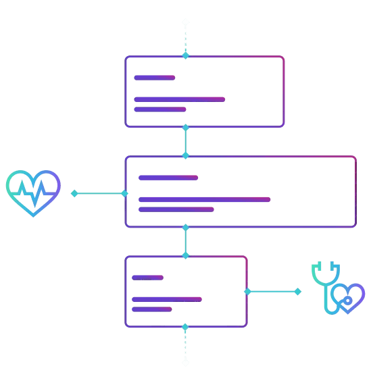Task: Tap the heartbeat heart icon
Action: [33, 192]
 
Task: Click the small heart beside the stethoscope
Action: [349, 298]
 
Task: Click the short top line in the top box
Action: [155, 78]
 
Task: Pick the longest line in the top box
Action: [179, 99]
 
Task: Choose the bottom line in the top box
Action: [159, 109]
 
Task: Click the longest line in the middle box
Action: [205, 199]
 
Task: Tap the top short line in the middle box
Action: [168, 178]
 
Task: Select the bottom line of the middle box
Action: [176, 209]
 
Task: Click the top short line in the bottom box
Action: [147, 278]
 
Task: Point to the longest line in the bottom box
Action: [167, 299]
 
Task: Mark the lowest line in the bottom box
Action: [152, 309]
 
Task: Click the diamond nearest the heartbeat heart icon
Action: [74, 193]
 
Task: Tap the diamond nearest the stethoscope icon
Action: [297, 292]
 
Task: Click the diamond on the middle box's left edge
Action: [125, 193]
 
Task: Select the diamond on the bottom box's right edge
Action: [247, 292]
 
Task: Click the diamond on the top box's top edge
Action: [186, 55]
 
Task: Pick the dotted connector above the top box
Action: [186, 39]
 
